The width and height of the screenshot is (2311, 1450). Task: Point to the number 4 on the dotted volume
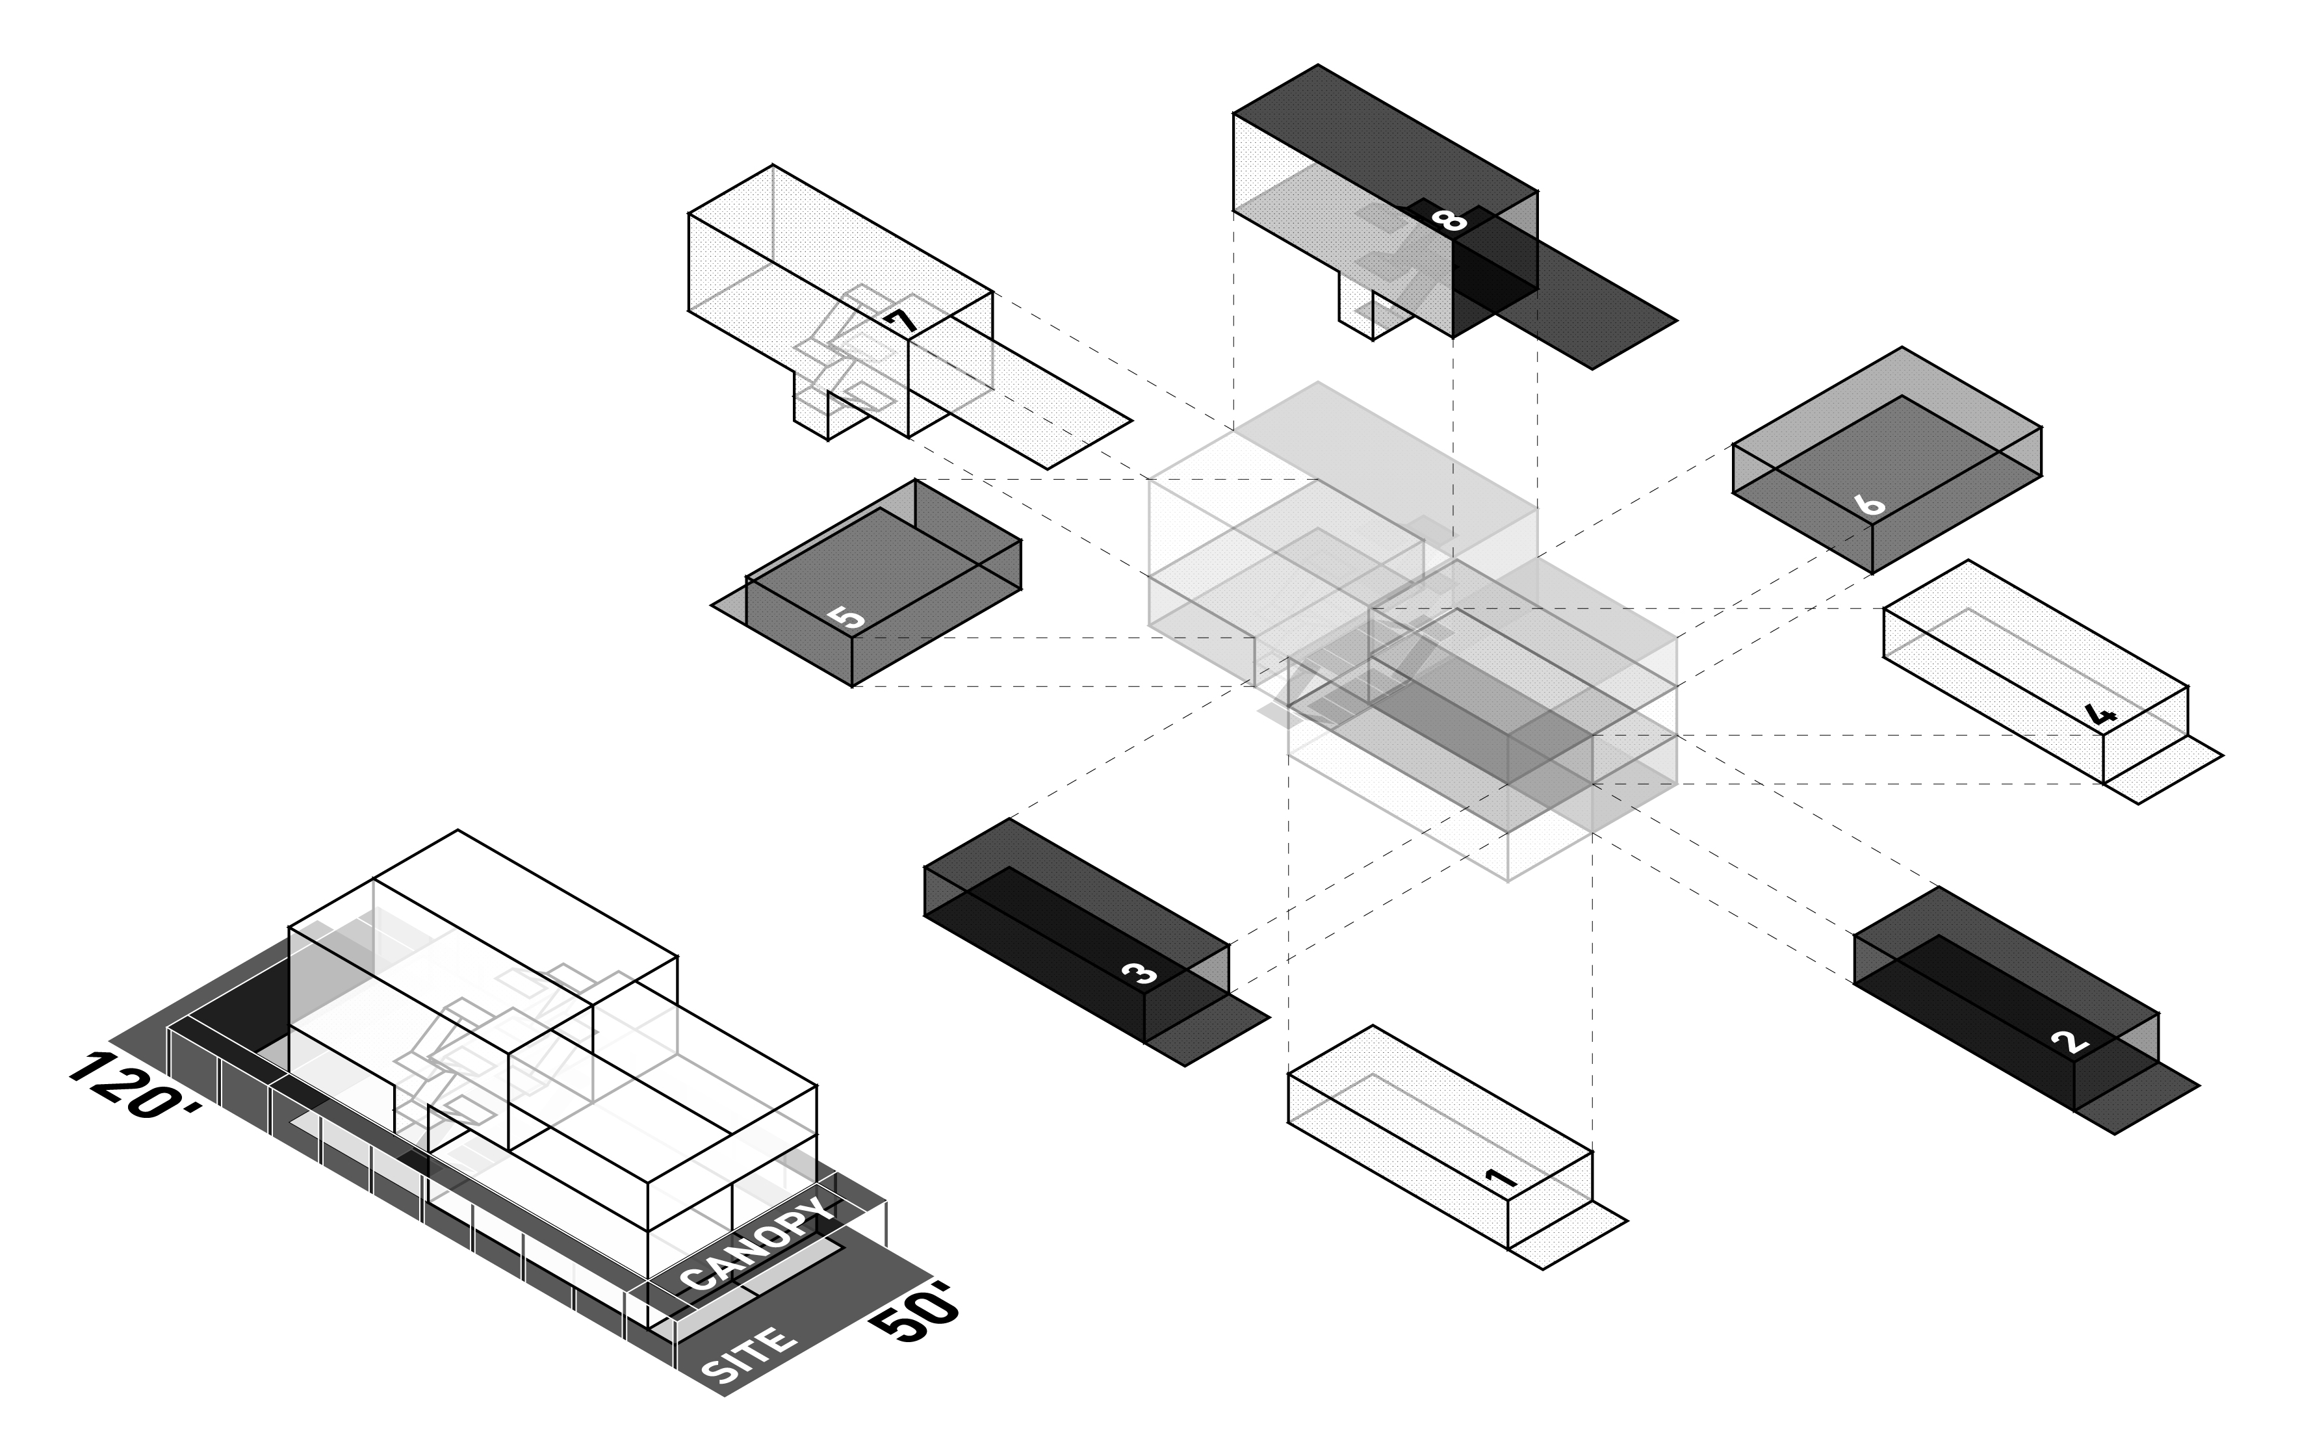tap(2100, 714)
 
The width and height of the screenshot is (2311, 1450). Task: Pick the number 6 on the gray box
tap(1869, 504)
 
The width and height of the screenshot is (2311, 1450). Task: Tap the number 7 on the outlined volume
tap(901, 321)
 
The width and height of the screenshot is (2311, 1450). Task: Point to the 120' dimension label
tap(135, 1083)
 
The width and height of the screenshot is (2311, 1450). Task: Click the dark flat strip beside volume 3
tap(1208, 1031)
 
